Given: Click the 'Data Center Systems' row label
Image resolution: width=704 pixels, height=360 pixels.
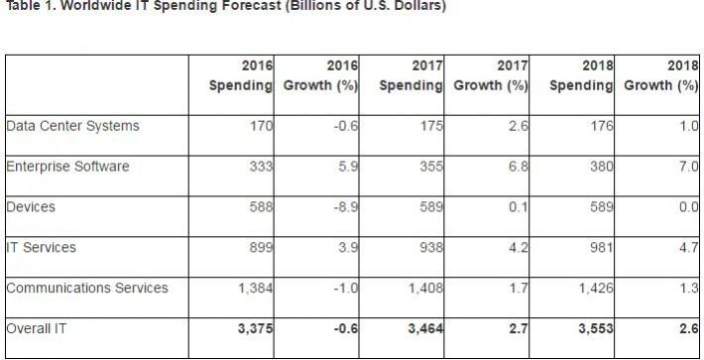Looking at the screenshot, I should click(72, 126).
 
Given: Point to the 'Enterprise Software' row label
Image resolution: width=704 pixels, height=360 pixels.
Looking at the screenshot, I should click(67, 167).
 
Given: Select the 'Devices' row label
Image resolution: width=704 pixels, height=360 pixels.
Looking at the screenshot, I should click(30, 207).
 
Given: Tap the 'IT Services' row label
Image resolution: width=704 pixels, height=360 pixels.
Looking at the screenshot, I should click(43, 248).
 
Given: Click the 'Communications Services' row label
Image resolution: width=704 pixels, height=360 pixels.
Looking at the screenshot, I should click(86, 289).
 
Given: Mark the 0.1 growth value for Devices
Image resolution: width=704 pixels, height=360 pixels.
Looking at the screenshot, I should click(516, 207).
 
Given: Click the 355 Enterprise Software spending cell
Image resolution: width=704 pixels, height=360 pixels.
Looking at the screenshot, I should click(429, 167).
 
